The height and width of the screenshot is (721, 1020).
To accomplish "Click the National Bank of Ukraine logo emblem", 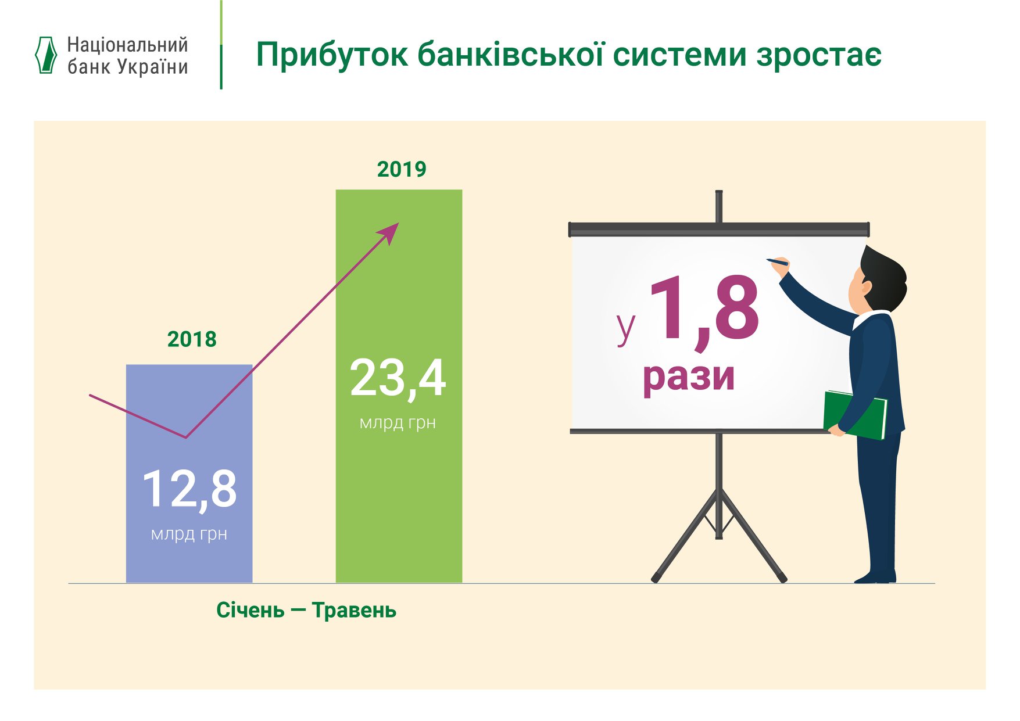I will (x=46, y=55).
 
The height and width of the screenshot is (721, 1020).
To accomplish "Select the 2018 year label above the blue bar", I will (x=191, y=339).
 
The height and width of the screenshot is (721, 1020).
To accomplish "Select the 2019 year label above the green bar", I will (x=402, y=170).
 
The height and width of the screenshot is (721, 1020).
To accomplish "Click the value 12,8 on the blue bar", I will (x=189, y=490).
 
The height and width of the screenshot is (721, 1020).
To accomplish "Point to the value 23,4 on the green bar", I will (x=398, y=379).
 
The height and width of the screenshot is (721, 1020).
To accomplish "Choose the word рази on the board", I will (x=689, y=377).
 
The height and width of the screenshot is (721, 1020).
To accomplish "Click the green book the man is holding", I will (x=854, y=414).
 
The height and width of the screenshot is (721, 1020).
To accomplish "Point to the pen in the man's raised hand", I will (x=777, y=262).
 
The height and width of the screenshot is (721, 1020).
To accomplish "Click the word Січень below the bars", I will (x=250, y=611).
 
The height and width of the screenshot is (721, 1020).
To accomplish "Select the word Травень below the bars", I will (x=354, y=611).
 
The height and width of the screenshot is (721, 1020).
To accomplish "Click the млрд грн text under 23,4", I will (x=398, y=423).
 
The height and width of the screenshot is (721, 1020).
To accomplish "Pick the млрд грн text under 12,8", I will (x=189, y=535).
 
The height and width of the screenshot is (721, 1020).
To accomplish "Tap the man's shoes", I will (x=875, y=577).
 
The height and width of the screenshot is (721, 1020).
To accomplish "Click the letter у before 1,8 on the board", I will (x=626, y=328).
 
